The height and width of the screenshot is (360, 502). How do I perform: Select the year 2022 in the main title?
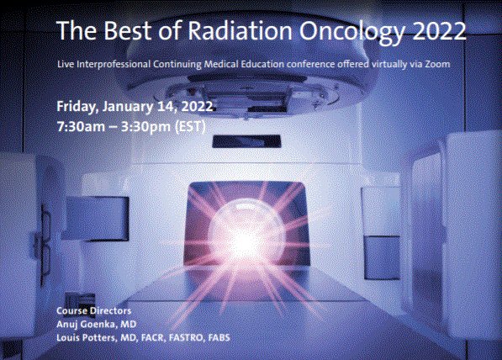click(436, 31)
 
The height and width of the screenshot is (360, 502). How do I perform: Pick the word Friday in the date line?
click(75, 107)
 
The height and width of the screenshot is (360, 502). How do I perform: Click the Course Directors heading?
click(89, 312)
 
